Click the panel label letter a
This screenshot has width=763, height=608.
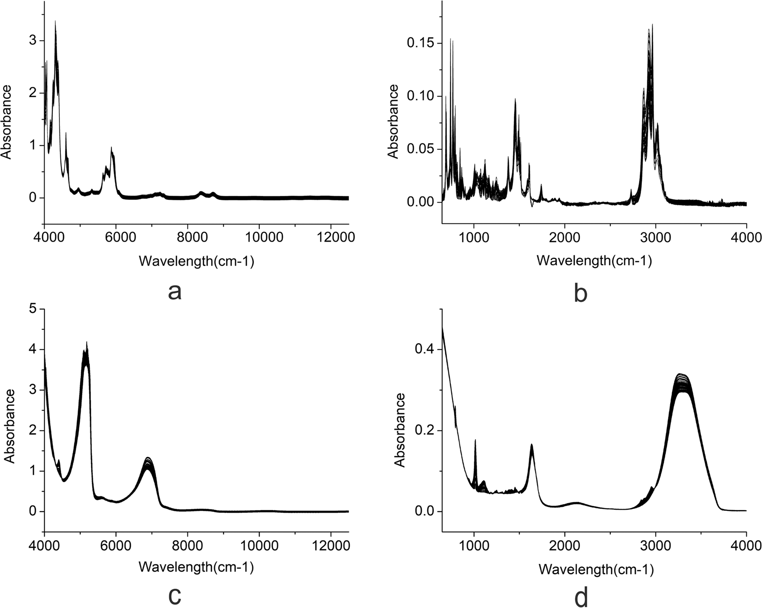174,293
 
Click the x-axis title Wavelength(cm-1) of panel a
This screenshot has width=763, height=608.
196,262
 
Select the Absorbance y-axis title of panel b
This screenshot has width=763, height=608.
393,122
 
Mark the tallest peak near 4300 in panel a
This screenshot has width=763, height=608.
55,21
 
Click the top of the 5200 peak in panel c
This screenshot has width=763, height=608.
86,343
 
